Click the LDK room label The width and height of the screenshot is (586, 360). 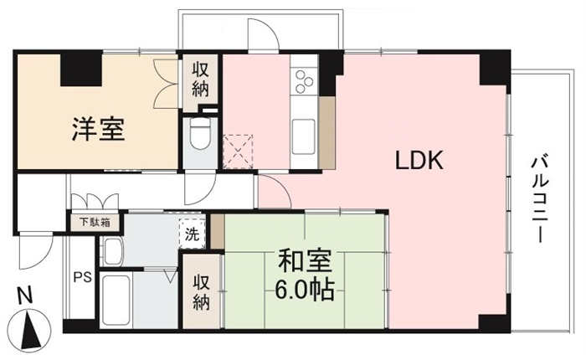tap(419, 160)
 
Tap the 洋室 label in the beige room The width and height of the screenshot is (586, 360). tap(98, 129)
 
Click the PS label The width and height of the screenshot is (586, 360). tap(82, 277)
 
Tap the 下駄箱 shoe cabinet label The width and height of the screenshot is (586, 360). tap(95, 223)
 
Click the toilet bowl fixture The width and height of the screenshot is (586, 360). tap(200, 134)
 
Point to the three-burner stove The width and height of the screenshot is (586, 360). tap(304, 81)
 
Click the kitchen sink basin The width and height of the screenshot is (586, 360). tap(303, 136)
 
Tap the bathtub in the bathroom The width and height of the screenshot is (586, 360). tap(116, 301)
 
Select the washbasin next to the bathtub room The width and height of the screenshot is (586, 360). tap(113, 251)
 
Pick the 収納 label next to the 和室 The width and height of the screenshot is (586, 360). tap(202, 293)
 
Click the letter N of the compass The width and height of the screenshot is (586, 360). tap(25, 296)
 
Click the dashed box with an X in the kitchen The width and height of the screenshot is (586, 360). tap(238, 152)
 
